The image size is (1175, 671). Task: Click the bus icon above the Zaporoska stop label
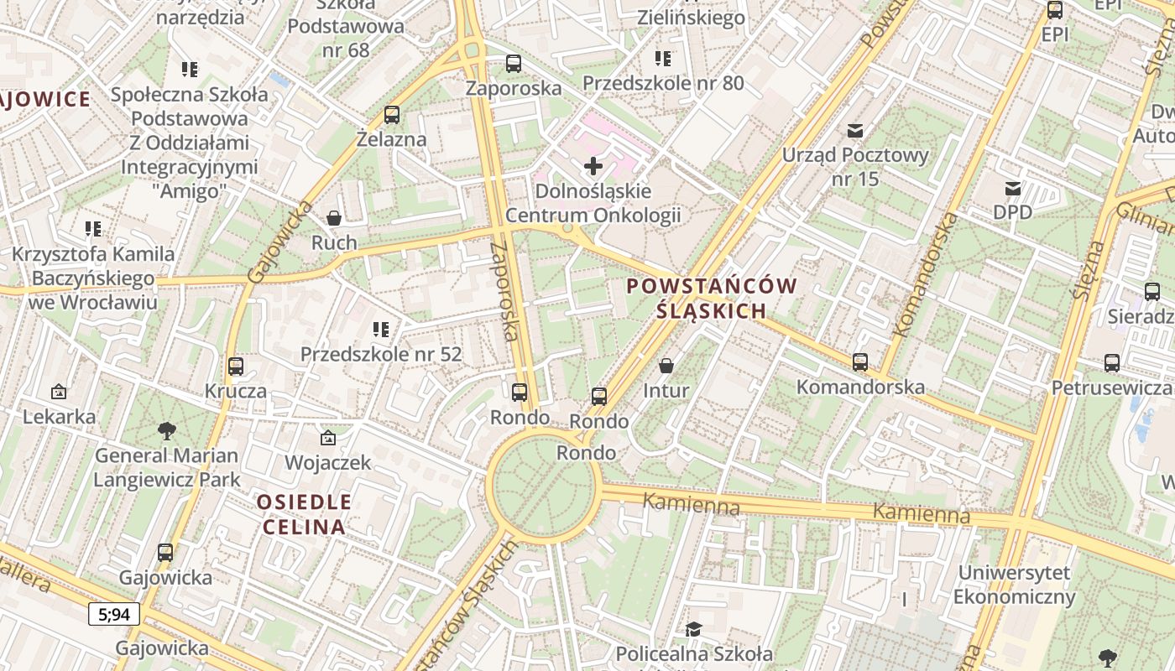[513, 63]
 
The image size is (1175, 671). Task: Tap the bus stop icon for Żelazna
[391, 115]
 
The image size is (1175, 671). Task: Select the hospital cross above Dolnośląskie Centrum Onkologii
[593, 165]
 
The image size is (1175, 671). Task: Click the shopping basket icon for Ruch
[334, 218]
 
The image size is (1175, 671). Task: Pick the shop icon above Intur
[666, 366]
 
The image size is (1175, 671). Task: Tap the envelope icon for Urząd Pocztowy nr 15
[855, 130]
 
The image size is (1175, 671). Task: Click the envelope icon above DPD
[1013, 188]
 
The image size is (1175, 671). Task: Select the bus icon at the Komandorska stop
[860, 362]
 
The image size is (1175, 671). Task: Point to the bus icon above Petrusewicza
[1112, 363]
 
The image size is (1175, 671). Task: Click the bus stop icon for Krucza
[236, 367]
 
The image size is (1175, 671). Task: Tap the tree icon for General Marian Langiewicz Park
[167, 431]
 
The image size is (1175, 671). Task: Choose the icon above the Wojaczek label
[327, 438]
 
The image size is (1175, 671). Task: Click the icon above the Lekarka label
[59, 392]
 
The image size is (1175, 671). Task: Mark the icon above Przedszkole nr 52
[381, 330]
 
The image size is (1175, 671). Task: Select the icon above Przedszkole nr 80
[663, 59]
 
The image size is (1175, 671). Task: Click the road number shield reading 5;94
[114, 615]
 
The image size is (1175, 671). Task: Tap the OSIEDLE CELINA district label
[304, 514]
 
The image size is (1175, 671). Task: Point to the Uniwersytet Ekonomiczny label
[1015, 585]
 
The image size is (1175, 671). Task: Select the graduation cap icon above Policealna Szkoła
[694, 629]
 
